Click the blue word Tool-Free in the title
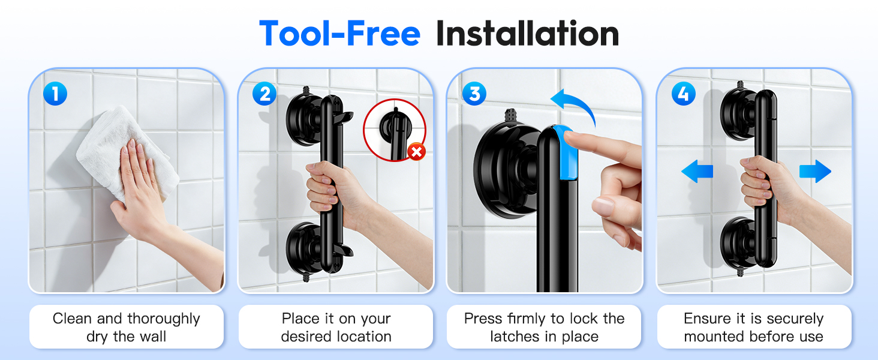(x=339, y=34)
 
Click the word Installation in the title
(x=527, y=34)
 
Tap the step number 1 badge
(x=56, y=94)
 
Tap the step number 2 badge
(x=264, y=94)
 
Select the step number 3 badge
(x=474, y=94)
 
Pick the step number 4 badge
(x=684, y=94)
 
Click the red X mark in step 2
(x=416, y=152)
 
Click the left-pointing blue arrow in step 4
(x=697, y=172)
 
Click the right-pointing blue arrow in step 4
(x=815, y=172)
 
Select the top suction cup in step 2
(x=305, y=114)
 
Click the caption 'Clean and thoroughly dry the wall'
(x=126, y=327)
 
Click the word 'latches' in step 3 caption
(x=516, y=337)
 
